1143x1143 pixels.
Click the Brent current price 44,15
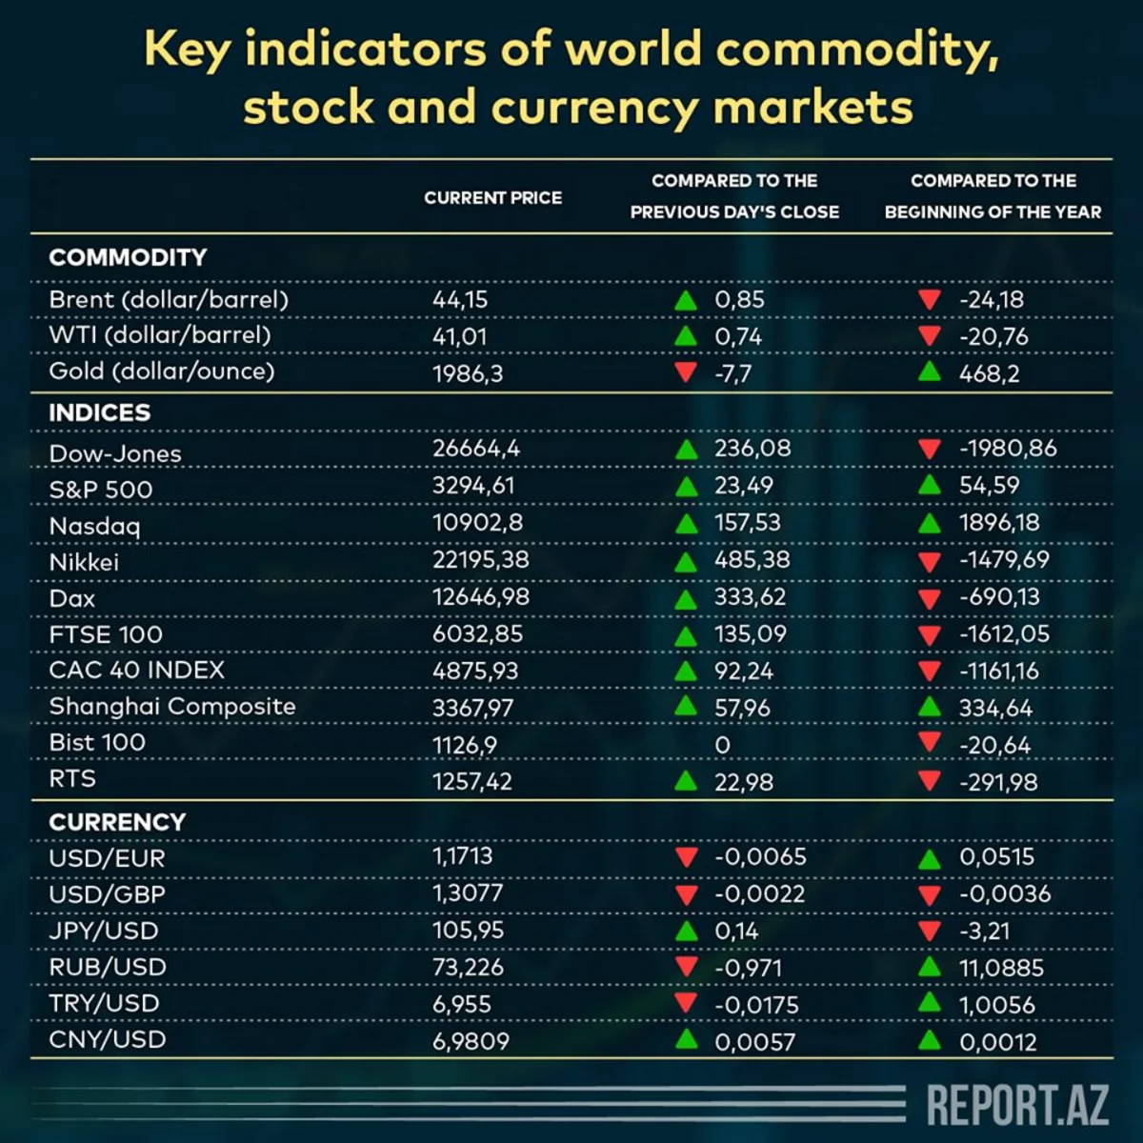pyautogui.click(x=460, y=299)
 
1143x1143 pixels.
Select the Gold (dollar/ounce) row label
pyautogui.click(x=161, y=371)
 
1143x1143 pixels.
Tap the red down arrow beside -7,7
pyautogui.click(x=685, y=371)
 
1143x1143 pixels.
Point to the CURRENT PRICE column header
pyautogui.click(x=492, y=198)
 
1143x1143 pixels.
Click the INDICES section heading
pyautogui.click(x=99, y=412)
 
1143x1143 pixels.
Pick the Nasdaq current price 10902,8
pyautogui.click(x=477, y=522)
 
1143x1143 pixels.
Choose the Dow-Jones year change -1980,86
pyautogui.click(x=1007, y=448)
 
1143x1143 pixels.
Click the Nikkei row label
pyautogui.click(x=84, y=562)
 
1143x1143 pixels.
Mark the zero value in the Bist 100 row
pyautogui.click(x=722, y=745)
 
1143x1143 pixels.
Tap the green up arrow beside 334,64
pyautogui.click(x=930, y=707)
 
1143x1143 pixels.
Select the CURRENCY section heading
pyautogui.click(x=117, y=822)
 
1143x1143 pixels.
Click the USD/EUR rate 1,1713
pyautogui.click(x=462, y=855)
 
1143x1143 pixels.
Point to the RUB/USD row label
pyautogui.click(x=108, y=967)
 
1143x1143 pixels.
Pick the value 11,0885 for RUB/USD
pyautogui.click(x=1001, y=968)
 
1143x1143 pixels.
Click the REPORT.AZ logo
pyautogui.click(x=1017, y=1105)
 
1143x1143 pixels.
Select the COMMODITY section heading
pyautogui.click(x=128, y=257)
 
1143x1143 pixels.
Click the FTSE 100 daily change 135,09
pyautogui.click(x=751, y=633)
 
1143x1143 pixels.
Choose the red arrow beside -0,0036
pyautogui.click(x=930, y=894)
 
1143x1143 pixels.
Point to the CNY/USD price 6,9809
pyautogui.click(x=471, y=1040)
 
